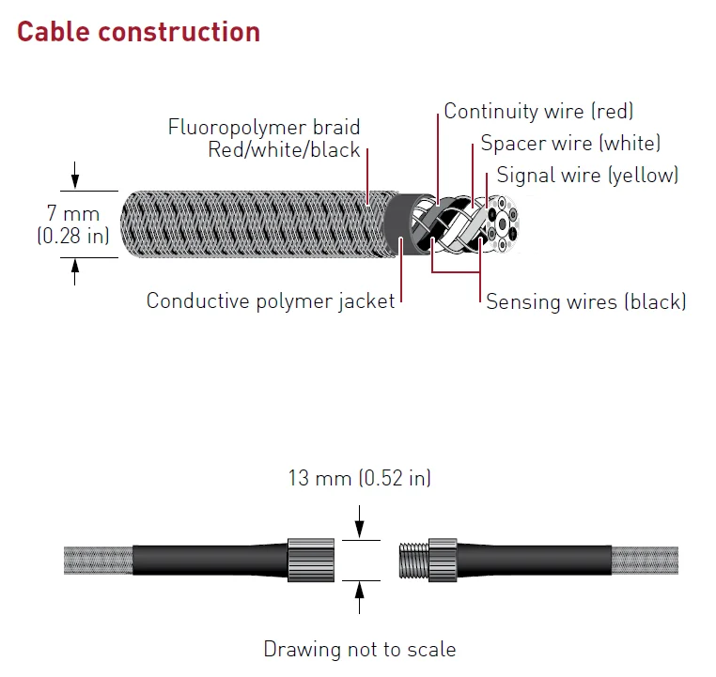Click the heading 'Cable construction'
[138, 32]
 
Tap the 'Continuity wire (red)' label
[538, 112]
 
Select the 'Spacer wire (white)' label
[570, 144]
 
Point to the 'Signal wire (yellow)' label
[587, 175]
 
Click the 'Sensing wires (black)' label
[585, 302]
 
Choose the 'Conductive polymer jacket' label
[271, 302]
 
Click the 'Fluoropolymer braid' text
[264, 127]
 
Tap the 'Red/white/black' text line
[285, 150]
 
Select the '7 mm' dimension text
[73, 215]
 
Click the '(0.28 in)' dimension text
[73, 237]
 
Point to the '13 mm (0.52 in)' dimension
[359, 478]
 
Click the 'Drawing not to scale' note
[359, 649]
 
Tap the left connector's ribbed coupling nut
[303, 560]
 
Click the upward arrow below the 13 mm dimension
[359, 597]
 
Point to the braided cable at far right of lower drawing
[645, 560]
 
